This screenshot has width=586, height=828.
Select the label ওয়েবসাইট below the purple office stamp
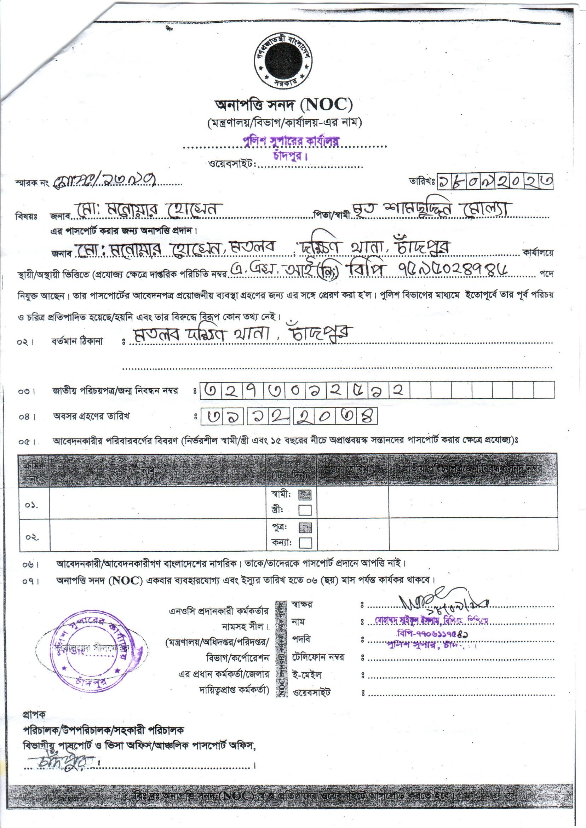click(x=232, y=165)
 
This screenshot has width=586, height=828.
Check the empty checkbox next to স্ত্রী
click(x=305, y=510)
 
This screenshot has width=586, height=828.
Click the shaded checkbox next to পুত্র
click(x=305, y=528)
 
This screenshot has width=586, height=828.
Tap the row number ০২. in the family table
click(x=32, y=537)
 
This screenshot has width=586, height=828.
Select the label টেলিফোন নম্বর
click(x=318, y=657)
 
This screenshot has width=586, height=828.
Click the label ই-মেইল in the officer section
click(x=307, y=675)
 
